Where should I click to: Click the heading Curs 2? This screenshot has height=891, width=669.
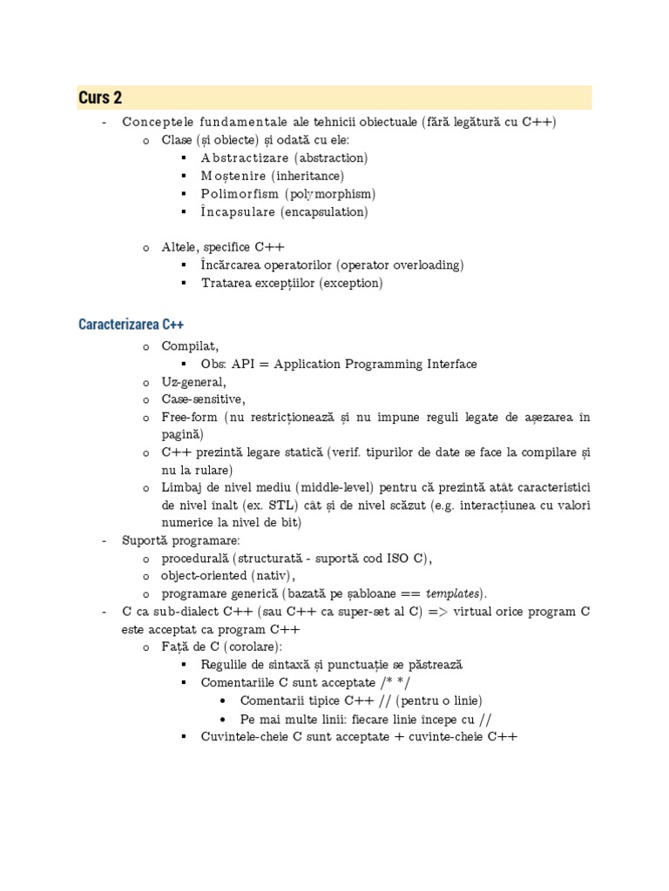point(100,97)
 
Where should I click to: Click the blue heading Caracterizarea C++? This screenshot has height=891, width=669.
point(131,325)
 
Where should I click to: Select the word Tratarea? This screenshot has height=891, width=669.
point(226,283)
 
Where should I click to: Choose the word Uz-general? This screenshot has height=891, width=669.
point(193,382)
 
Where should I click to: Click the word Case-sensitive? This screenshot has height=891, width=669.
point(203,399)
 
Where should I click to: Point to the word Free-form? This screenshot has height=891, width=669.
point(190,418)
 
